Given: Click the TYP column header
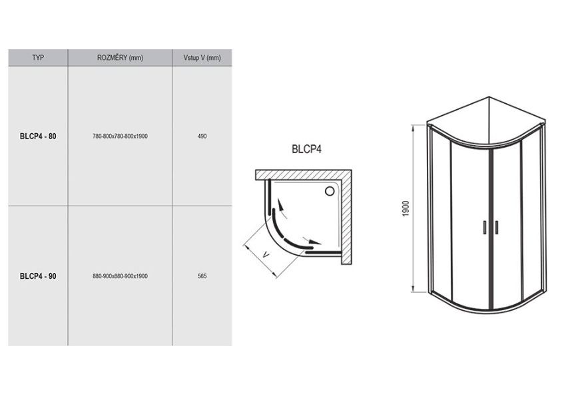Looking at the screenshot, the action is [38, 58].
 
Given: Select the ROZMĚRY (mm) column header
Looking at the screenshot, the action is [121, 58].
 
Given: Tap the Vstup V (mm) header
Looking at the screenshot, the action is [202, 58].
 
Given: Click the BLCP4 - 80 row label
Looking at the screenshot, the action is [38, 136].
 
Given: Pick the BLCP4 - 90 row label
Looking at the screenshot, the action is [38, 276].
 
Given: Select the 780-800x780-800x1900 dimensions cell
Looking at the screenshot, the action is [121, 136].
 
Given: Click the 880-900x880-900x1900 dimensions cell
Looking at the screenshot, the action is [121, 276].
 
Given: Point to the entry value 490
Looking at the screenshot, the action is [202, 136].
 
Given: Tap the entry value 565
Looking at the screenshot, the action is [202, 276].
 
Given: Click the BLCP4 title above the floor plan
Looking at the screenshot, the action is [306, 149].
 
